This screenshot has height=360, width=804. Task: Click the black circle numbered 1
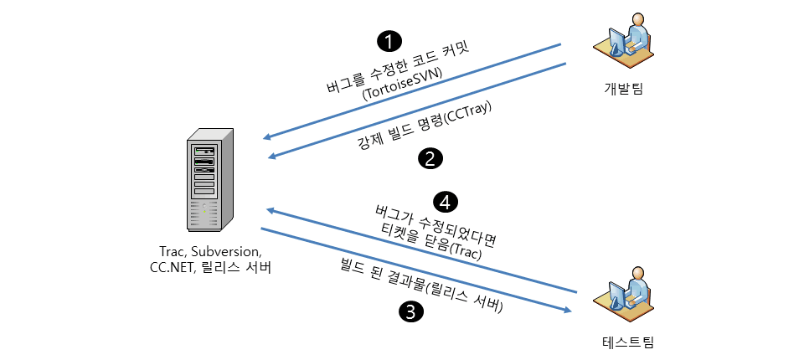point(389,40)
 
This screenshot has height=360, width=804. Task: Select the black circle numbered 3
point(410,312)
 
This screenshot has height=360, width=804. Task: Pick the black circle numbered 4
point(445,201)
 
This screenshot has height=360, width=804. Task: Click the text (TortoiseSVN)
point(403,85)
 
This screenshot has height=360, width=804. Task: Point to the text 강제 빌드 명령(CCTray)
point(425,126)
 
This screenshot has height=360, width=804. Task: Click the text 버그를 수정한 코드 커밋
point(397,66)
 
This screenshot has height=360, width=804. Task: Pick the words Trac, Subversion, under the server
point(210,251)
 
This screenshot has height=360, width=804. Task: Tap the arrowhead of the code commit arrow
point(267,138)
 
